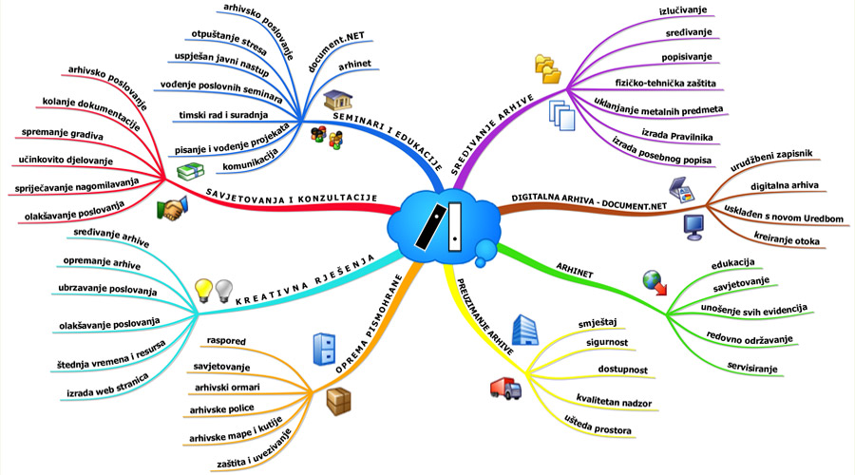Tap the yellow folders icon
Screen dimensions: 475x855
[548, 67]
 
